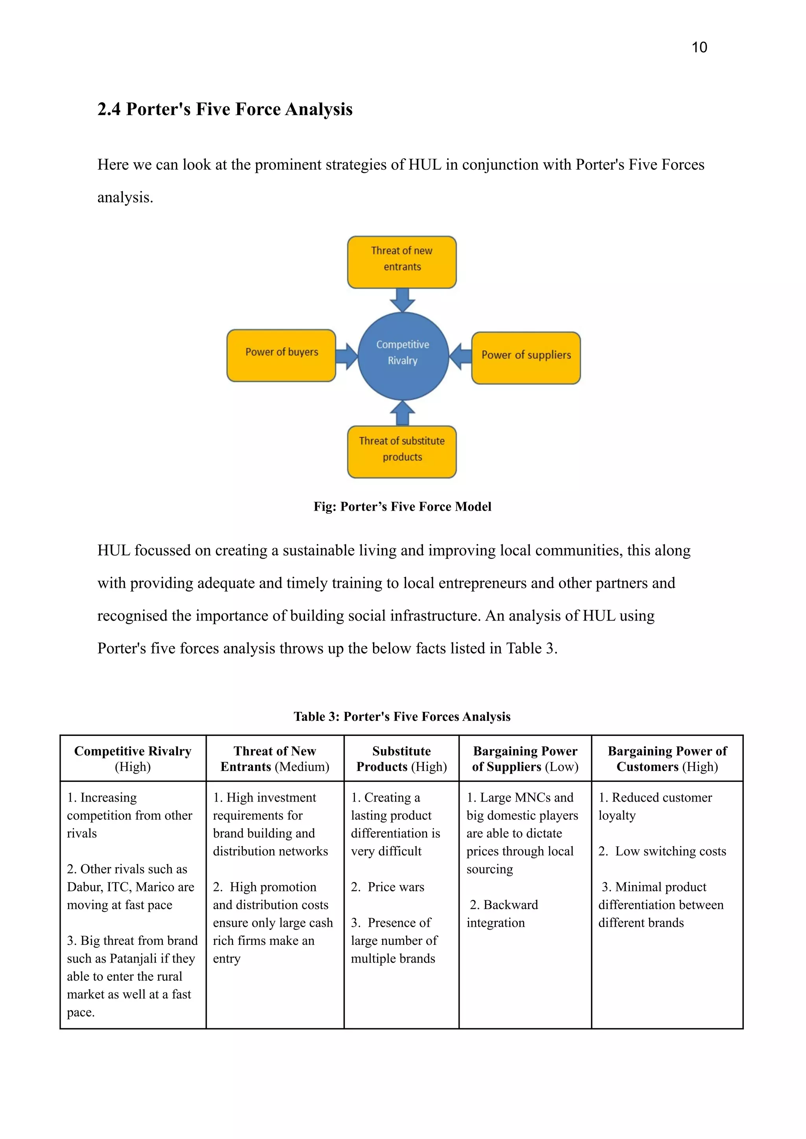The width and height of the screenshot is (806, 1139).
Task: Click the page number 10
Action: coord(699,47)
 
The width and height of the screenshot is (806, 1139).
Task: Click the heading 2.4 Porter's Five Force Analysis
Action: coord(225,109)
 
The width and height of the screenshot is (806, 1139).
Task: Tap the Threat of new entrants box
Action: coord(401,262)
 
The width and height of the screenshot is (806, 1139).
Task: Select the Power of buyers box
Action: coord(281,355)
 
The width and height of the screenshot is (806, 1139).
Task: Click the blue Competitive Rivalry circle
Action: coord(403,356)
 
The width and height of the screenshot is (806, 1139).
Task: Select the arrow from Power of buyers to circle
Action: coord(346,356)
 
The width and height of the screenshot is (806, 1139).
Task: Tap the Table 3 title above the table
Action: coord(402,717)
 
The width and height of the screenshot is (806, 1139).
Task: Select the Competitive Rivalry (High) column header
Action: coord(133,758)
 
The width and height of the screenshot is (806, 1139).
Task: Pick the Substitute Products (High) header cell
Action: coord(401,758)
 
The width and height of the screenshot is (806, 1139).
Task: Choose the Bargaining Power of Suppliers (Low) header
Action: coord(525,758)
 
